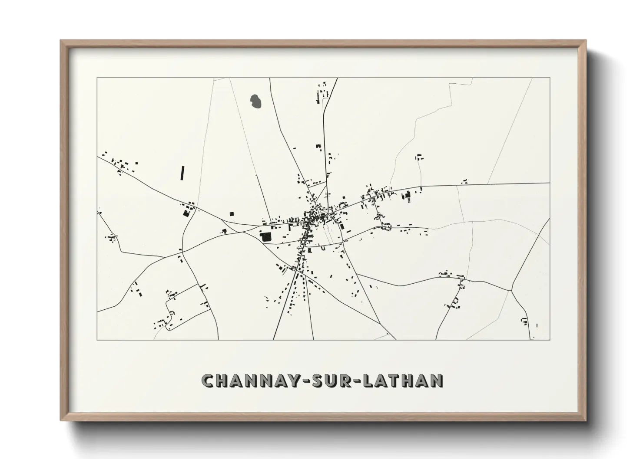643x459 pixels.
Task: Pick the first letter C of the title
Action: pyautogui.click(x=207, y=380)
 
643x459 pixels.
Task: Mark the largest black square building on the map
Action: pyautogui.click(x=265, y=236)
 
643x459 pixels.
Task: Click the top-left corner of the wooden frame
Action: pyautogui.click(x=61, y=41)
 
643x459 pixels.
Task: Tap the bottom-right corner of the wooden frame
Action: pyautogui.click(x=586, y=420)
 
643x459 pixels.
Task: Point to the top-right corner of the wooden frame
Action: pyautogui.click(x=586, y=41)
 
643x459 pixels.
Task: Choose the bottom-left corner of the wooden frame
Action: pyautogui.click(x=61, y=420)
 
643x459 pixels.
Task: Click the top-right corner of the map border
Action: pyautogui.click(x=550, y=78)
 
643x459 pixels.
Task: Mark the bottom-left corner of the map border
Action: pyautogui.click(x=97, y=340)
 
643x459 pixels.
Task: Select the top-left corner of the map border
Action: pyautogui.click(x=97, y=78)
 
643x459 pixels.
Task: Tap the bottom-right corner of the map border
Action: pyautogui.click(x=550, y=340)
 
